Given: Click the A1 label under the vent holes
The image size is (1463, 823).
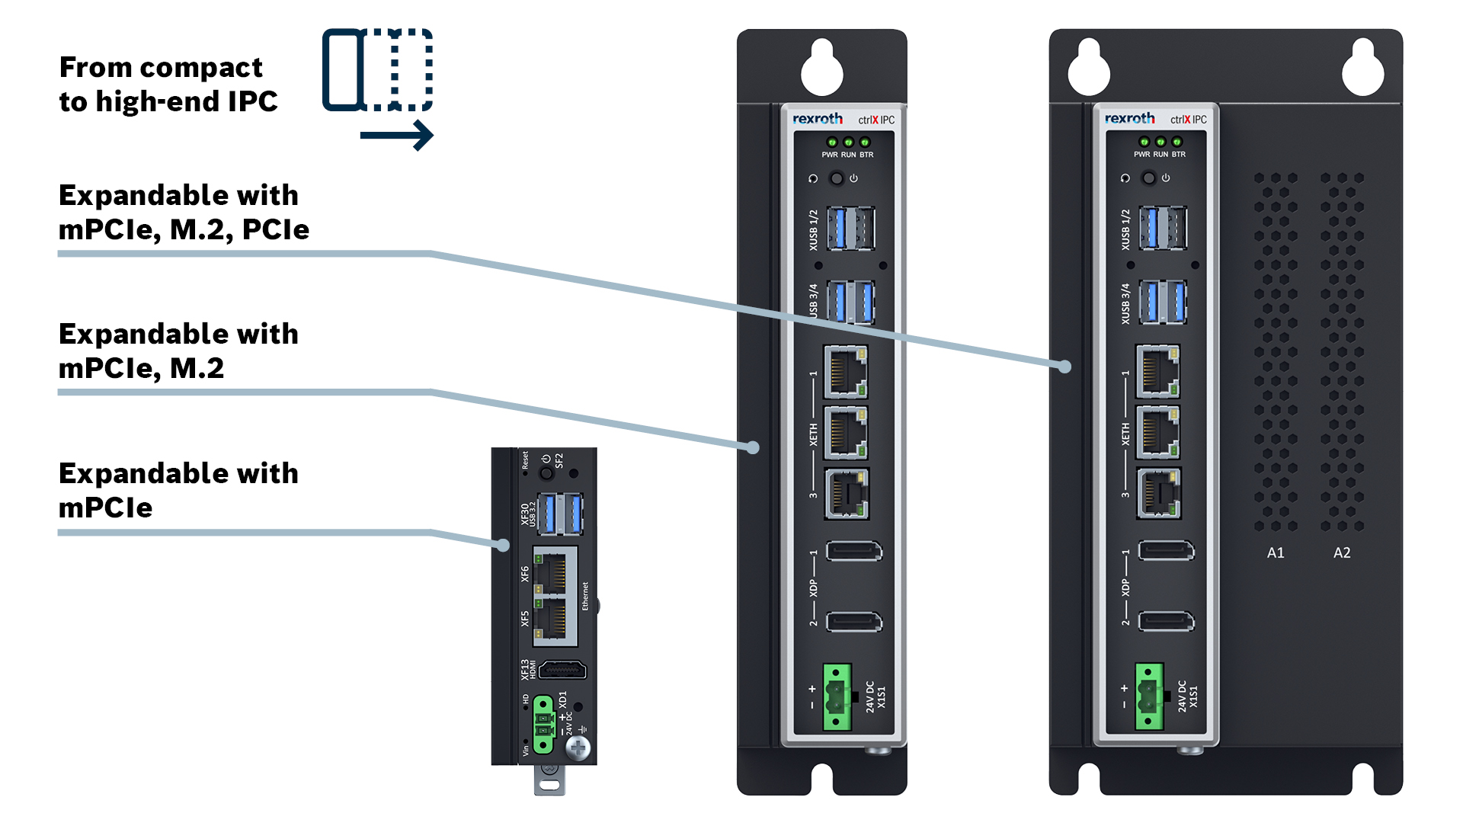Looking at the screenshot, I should coord(1276,552).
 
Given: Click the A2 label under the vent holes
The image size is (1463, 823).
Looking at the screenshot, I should coord(1342,552).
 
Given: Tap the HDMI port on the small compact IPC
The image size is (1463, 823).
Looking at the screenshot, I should coord(562,670).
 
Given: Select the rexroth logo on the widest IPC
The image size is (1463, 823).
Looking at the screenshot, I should coord(1129,118).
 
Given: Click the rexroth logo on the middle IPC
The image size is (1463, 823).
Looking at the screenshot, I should coord(817,119).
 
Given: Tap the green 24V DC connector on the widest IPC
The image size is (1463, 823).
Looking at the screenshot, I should coord(1149,697).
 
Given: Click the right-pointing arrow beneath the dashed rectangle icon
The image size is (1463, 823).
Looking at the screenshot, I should coord(397,136).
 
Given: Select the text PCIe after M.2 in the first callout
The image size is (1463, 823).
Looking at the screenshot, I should coord(276,229).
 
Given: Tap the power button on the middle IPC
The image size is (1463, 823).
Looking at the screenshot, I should coord(837,178).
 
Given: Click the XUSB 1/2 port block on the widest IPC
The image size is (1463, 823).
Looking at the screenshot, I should coord(1163,228).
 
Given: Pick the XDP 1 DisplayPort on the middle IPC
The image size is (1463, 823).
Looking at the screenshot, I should coord(854,550).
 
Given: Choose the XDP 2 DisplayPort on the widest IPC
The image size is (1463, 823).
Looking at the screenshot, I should coord(1166,621).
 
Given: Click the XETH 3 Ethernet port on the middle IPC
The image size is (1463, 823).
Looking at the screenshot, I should coord(847,494).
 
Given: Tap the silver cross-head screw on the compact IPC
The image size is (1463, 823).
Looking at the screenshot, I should coord(578,748).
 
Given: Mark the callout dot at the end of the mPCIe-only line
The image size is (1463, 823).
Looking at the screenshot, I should coord(503,545).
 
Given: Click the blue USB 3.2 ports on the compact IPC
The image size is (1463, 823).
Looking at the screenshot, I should coord(560,514).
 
